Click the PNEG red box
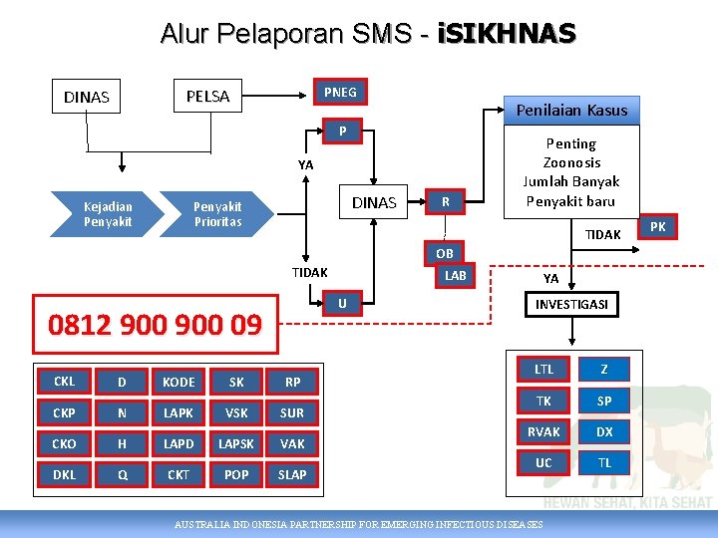pos(340,93)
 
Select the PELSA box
pos(207,97)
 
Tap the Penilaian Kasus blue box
pos(571,110)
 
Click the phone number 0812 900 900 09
pos(156,324)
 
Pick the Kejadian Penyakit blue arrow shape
pos(108,213)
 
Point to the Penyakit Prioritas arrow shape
pos(217,213)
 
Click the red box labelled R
pos(446,202)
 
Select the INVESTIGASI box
pos(572,304)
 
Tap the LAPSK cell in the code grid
pos(236,443)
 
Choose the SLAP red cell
pos(292,474)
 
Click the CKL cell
pos(65,382)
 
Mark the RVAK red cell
pos(543,431)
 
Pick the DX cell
pos(604,431)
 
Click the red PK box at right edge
pos(658,227)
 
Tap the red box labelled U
pos(342,303)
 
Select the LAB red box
pos(455,275)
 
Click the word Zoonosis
pos(571,162)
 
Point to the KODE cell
pos(179,383)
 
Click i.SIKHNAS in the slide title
pos(506,34)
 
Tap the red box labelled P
pos(342,131)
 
